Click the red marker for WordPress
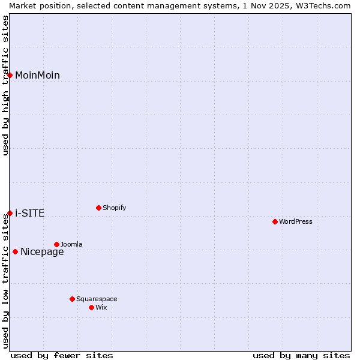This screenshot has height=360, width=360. [275, 221]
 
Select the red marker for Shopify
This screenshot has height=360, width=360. [98, 208]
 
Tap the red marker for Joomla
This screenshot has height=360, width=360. [56, 244]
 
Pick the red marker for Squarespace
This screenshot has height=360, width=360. [72, 299]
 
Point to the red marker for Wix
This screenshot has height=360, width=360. [91, 307]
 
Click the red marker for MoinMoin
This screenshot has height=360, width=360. [10, 75]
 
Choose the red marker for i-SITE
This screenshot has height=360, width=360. [10, 213]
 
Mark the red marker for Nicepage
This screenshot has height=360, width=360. [15, 251]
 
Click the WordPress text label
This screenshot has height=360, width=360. [296, 221]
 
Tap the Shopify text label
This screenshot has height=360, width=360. [115, 208]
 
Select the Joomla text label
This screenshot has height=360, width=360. [71, 244]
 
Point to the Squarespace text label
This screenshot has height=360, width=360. [97, 299]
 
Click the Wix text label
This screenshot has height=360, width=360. [101, 307]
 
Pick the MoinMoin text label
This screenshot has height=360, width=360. [37, 75]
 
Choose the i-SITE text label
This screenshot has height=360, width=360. [29, 213]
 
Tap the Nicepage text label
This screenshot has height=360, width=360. [42, 251]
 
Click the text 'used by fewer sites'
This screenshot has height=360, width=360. [62, 355]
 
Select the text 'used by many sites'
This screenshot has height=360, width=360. [301, 355]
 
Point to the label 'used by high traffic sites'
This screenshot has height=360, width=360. [5, 85]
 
